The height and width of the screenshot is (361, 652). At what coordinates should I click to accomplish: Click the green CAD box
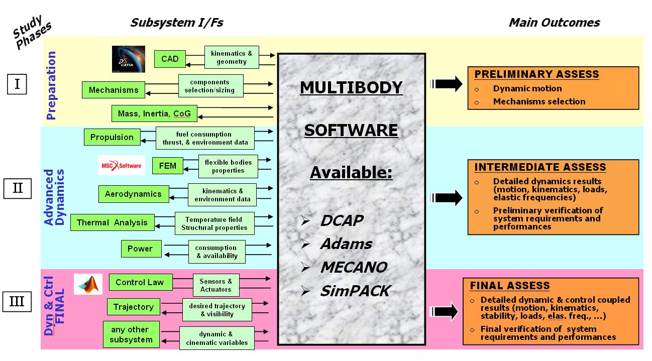(x=170, y=59)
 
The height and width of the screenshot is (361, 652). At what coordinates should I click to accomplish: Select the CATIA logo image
(x=129, y=59)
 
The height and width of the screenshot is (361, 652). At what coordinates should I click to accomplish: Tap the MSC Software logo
(x=122, y=166)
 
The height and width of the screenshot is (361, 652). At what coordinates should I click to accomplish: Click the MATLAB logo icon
(x=88, y=284)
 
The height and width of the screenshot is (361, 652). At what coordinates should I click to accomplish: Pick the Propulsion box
(x=112, y=137)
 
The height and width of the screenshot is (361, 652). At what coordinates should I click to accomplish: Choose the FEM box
(x=168, y=166)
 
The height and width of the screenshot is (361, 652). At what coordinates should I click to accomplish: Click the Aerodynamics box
(x=134, y=194)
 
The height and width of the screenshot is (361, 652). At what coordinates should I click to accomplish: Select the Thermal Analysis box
(x=113, y=222)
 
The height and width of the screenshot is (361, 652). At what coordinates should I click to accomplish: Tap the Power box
(x=141, y=249)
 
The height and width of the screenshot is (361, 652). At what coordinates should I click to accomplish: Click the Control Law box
(x=141, y=282)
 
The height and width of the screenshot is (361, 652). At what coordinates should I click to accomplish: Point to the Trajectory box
(x=134, y=307)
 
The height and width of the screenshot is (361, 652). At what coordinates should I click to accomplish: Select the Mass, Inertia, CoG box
(x=154, y=113)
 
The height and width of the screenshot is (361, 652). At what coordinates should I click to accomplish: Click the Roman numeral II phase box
(x=18, y=188)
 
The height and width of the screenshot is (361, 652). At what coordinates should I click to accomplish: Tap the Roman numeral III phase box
(x=17, y=302)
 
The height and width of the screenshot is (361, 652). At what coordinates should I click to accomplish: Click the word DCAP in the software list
(x=342, y=220)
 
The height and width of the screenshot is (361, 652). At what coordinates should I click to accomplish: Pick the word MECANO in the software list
(x=354, y=267)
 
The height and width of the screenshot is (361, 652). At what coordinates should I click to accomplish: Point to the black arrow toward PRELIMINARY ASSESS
(x=446, y=84)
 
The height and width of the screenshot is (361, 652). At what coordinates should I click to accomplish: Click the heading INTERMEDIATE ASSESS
(x=540, y=167)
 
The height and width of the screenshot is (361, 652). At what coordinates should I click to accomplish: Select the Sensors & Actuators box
(x=216, y=285)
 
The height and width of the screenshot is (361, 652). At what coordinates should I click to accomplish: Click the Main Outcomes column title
(x=555, y=23)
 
